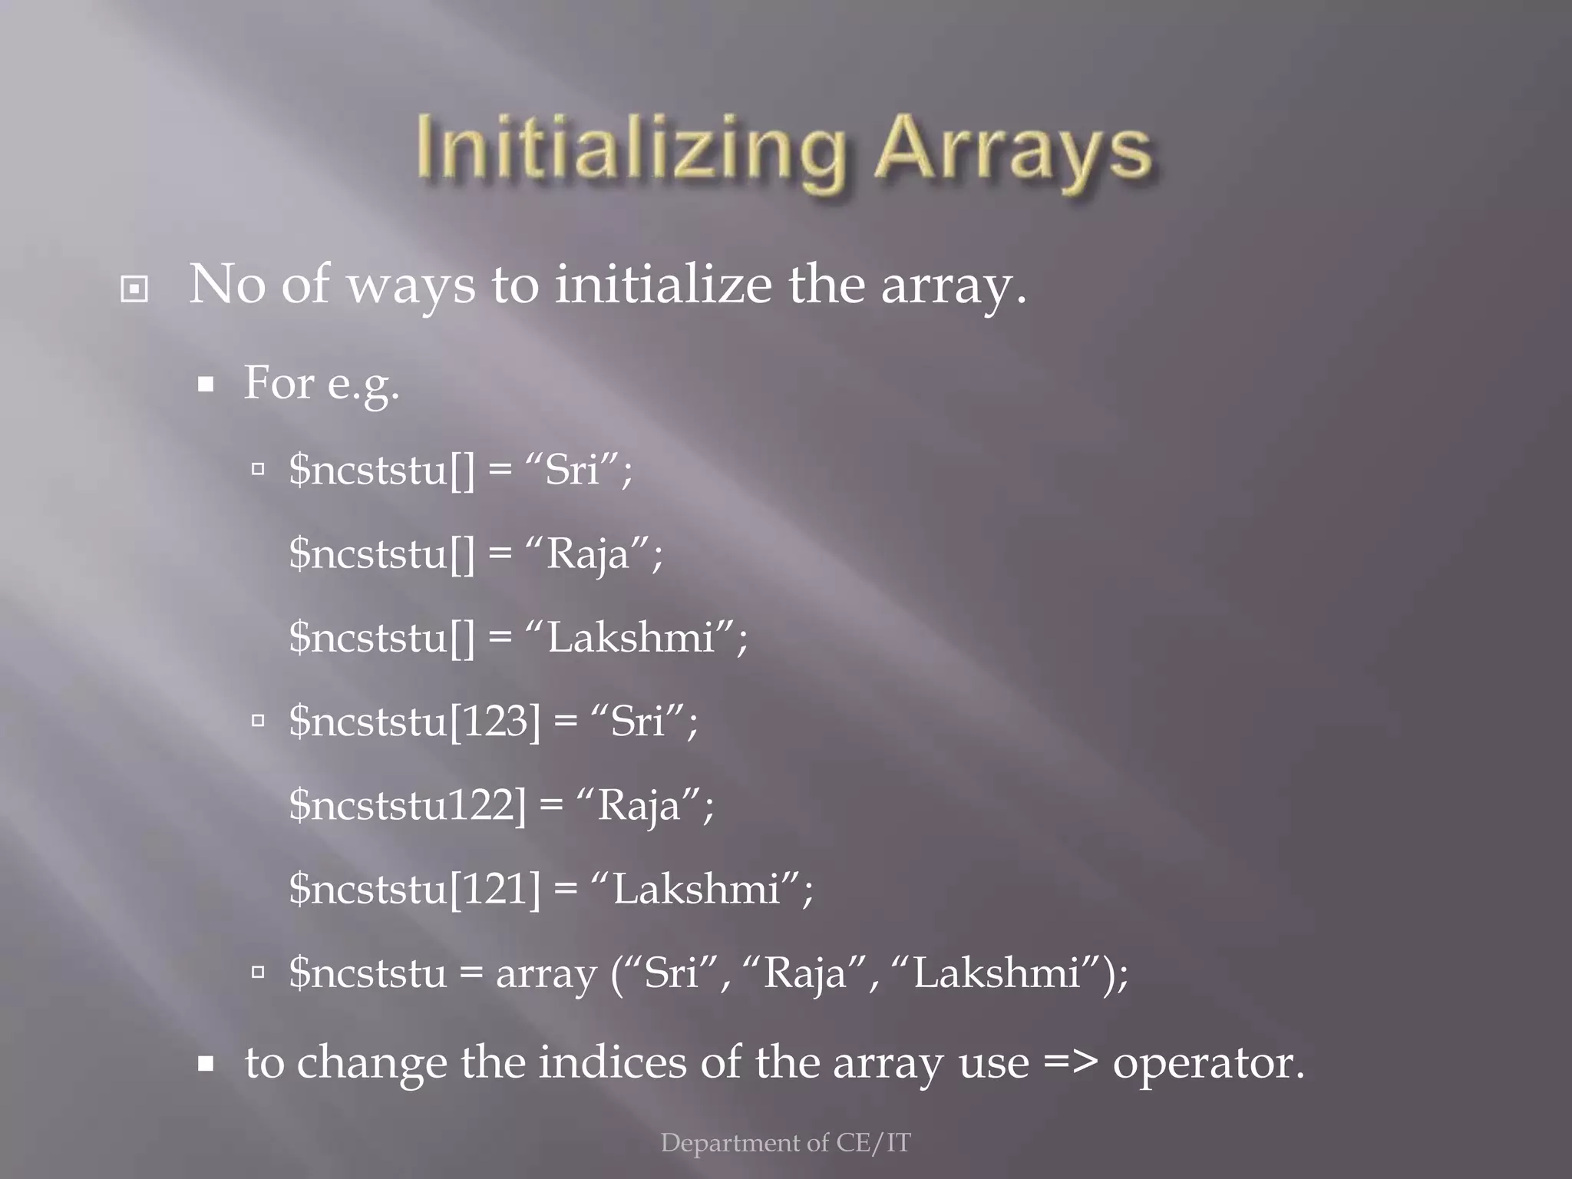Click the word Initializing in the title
(x=631, y=150)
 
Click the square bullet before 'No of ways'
(x=134, y=289)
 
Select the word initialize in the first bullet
(x=663, y=284)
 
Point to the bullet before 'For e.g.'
(x=205, y=384)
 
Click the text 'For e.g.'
(x=321, y=382)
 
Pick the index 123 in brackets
(x=495, y=721)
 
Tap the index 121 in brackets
(x=495, y=888)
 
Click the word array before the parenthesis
(x=546, y=973)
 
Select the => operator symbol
(x=1070, y=1063)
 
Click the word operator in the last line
(x=1207, y=1063)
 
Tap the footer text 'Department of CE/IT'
(x=785, y=1143)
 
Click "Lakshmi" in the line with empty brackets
(x=631, y=637)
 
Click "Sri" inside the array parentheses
(x=671, y=973)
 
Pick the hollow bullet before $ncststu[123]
(x=258, y=721)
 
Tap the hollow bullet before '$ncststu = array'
(x=258, y=973)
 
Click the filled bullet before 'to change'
(x=205, y=1064)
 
